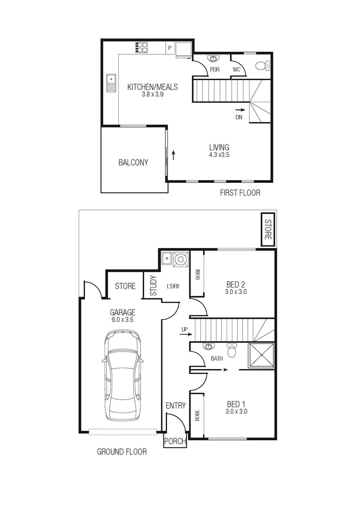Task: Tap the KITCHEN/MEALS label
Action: [153, 87]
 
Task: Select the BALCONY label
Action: [133, 163]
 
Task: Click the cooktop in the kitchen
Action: [141, 47]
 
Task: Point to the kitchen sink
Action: [111, 83]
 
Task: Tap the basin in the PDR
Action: [214, 59]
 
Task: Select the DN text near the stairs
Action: [239, 117]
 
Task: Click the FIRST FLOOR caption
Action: [240, 193]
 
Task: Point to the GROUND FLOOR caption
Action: [122, 452]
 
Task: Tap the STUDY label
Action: [153, 286]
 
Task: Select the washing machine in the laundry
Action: [180, 259]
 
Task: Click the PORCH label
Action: [175, 442]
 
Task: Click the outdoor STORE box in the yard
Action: [268, 230]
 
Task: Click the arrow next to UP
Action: [184, 336]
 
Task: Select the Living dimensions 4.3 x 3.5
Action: [220, 155]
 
